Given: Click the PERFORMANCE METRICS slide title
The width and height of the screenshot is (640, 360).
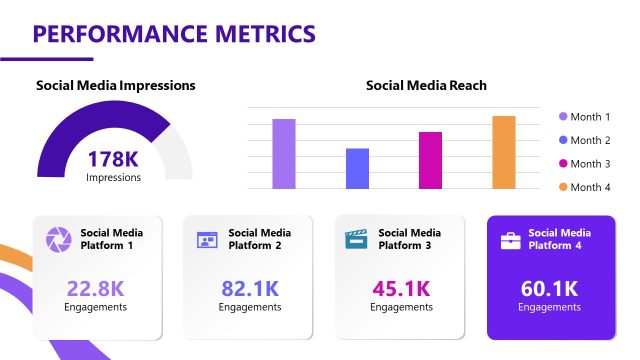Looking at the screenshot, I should coord(174,34).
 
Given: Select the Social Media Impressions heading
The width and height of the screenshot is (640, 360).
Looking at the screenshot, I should coord(116,86).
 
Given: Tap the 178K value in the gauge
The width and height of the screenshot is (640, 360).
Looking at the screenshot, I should coord(113,159).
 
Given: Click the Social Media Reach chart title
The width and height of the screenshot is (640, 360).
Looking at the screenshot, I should coord(426,86).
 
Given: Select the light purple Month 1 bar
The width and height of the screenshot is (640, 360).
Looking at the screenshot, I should coord(284,154).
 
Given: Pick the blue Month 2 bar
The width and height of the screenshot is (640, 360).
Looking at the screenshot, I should coord(357,168).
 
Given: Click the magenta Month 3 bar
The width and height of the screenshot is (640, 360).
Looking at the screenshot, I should coord(430,160).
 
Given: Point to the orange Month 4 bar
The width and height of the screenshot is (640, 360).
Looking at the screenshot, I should coord(504,152).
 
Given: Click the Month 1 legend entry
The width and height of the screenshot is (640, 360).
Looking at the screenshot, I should coord(584,117).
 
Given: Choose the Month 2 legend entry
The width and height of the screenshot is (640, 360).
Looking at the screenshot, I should coord(584,141).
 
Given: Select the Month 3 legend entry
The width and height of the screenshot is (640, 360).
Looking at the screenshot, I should coord(584,164).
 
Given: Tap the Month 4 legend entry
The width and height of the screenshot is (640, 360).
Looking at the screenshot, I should coord(584,188).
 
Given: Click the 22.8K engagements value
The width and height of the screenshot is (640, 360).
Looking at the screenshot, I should coord(96,289).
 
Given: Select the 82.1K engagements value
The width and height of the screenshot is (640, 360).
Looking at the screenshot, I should coord(249,289).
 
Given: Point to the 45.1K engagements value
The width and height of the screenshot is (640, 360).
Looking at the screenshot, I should coord(401,289).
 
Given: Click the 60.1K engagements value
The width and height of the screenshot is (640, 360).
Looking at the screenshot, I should coord(549,289).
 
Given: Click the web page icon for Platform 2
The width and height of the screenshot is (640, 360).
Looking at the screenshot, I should coord(207,240).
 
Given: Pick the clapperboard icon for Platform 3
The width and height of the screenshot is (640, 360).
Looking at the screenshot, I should coord(356,240).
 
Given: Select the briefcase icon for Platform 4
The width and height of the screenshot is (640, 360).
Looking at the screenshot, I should coord(510,240).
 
